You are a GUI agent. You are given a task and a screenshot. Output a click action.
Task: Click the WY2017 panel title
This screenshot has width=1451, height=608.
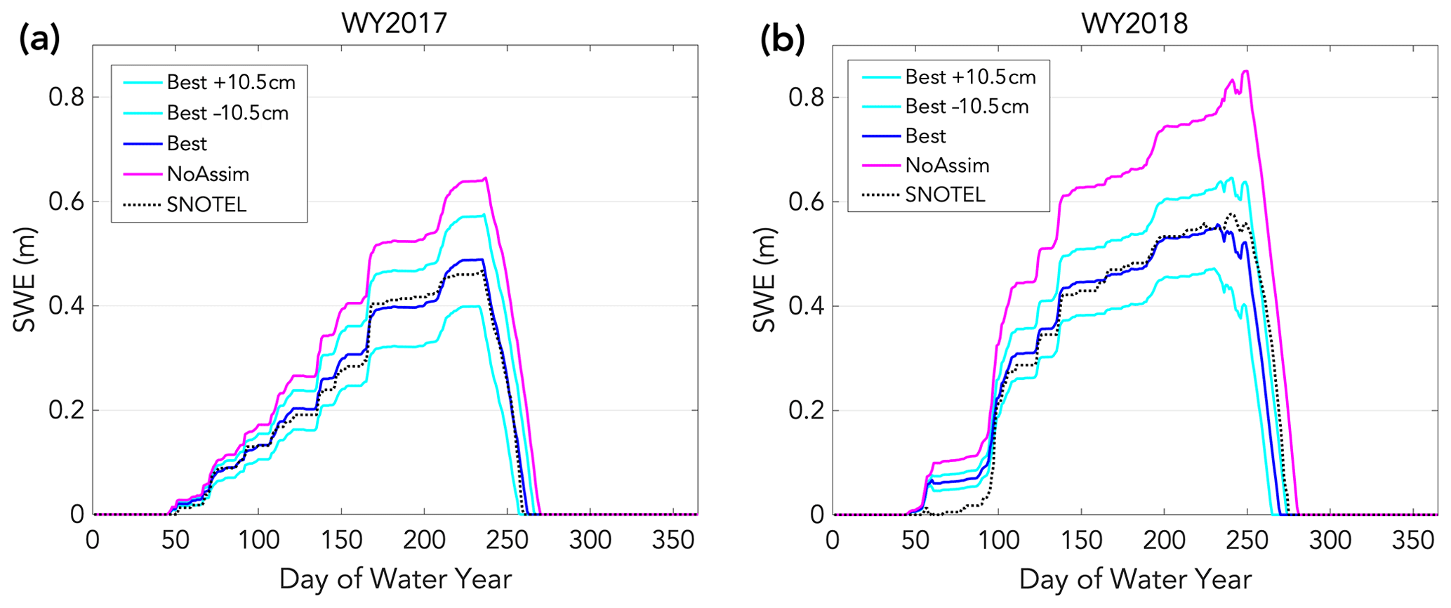394,24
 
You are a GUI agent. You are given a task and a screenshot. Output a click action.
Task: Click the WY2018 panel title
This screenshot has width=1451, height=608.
1134,24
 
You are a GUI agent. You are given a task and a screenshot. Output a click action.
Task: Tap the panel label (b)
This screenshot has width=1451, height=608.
782,40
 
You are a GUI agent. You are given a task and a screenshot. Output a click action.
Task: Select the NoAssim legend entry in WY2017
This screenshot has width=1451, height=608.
208,174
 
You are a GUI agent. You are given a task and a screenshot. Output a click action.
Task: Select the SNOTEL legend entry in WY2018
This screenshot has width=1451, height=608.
945,194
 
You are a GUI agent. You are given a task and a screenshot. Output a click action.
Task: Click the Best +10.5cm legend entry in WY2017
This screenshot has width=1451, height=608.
231,82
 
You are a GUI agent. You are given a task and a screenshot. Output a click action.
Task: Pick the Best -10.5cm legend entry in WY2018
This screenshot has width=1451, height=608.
967,107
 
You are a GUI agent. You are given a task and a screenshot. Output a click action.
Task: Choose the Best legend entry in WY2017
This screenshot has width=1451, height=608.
187,144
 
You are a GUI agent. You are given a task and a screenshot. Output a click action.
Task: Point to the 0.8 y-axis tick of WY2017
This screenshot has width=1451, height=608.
66,97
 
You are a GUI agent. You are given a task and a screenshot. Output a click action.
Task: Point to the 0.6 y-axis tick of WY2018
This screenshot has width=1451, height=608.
807,201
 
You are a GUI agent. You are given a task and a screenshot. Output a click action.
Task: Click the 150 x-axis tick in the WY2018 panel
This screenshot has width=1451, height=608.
1082,541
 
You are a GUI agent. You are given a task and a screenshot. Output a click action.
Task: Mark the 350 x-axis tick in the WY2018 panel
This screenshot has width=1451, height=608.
1413,541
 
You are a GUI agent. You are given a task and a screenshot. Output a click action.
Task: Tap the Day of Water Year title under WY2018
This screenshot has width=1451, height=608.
1135,580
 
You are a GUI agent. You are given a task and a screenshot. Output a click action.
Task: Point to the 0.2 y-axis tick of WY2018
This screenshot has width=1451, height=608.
807,411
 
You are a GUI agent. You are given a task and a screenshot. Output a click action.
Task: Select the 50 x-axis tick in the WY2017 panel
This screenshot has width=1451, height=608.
175,541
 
